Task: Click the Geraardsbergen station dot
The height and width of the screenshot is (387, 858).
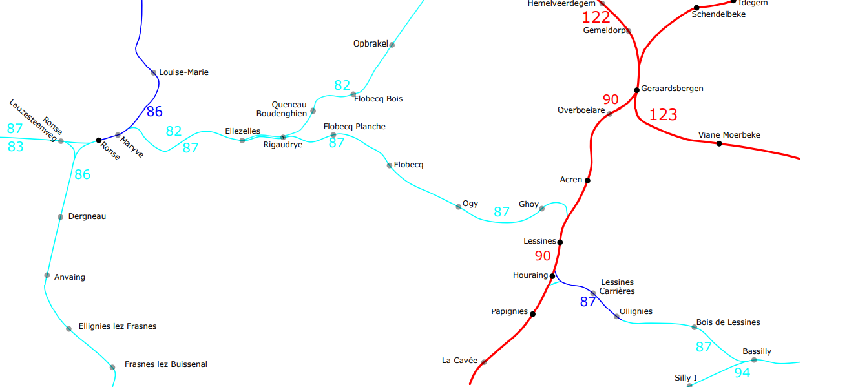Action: (636, 90)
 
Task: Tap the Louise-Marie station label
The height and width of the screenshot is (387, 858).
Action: (183, 72)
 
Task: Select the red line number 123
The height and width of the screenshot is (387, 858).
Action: (663, 115)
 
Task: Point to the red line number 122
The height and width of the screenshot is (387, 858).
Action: (596, 17)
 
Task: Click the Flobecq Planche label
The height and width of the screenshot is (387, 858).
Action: (354, 127)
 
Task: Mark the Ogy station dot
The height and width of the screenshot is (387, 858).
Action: (459, 207)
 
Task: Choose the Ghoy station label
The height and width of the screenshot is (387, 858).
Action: (528, 204)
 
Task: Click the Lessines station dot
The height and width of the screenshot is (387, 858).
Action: (560, 242)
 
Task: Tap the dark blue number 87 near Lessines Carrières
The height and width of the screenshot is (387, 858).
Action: (587, 301)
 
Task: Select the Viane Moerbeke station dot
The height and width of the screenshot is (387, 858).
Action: (719, 143)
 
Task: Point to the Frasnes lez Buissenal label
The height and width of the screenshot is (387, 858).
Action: (166, 364)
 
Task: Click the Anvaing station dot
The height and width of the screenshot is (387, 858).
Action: (47, 275)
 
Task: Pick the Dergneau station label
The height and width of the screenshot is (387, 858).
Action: (87, 216)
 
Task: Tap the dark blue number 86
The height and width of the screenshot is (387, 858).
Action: (154, 112)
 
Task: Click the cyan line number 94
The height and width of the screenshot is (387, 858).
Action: (742, 372)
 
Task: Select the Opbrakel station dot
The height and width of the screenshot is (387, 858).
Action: (392, 45)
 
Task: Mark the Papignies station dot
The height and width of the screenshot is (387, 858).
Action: (532, 314)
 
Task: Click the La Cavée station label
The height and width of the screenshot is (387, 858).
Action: (459, 361)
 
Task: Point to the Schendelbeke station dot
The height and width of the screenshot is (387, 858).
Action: (696, 7)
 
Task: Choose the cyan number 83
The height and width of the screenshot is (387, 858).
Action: (16, 147)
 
